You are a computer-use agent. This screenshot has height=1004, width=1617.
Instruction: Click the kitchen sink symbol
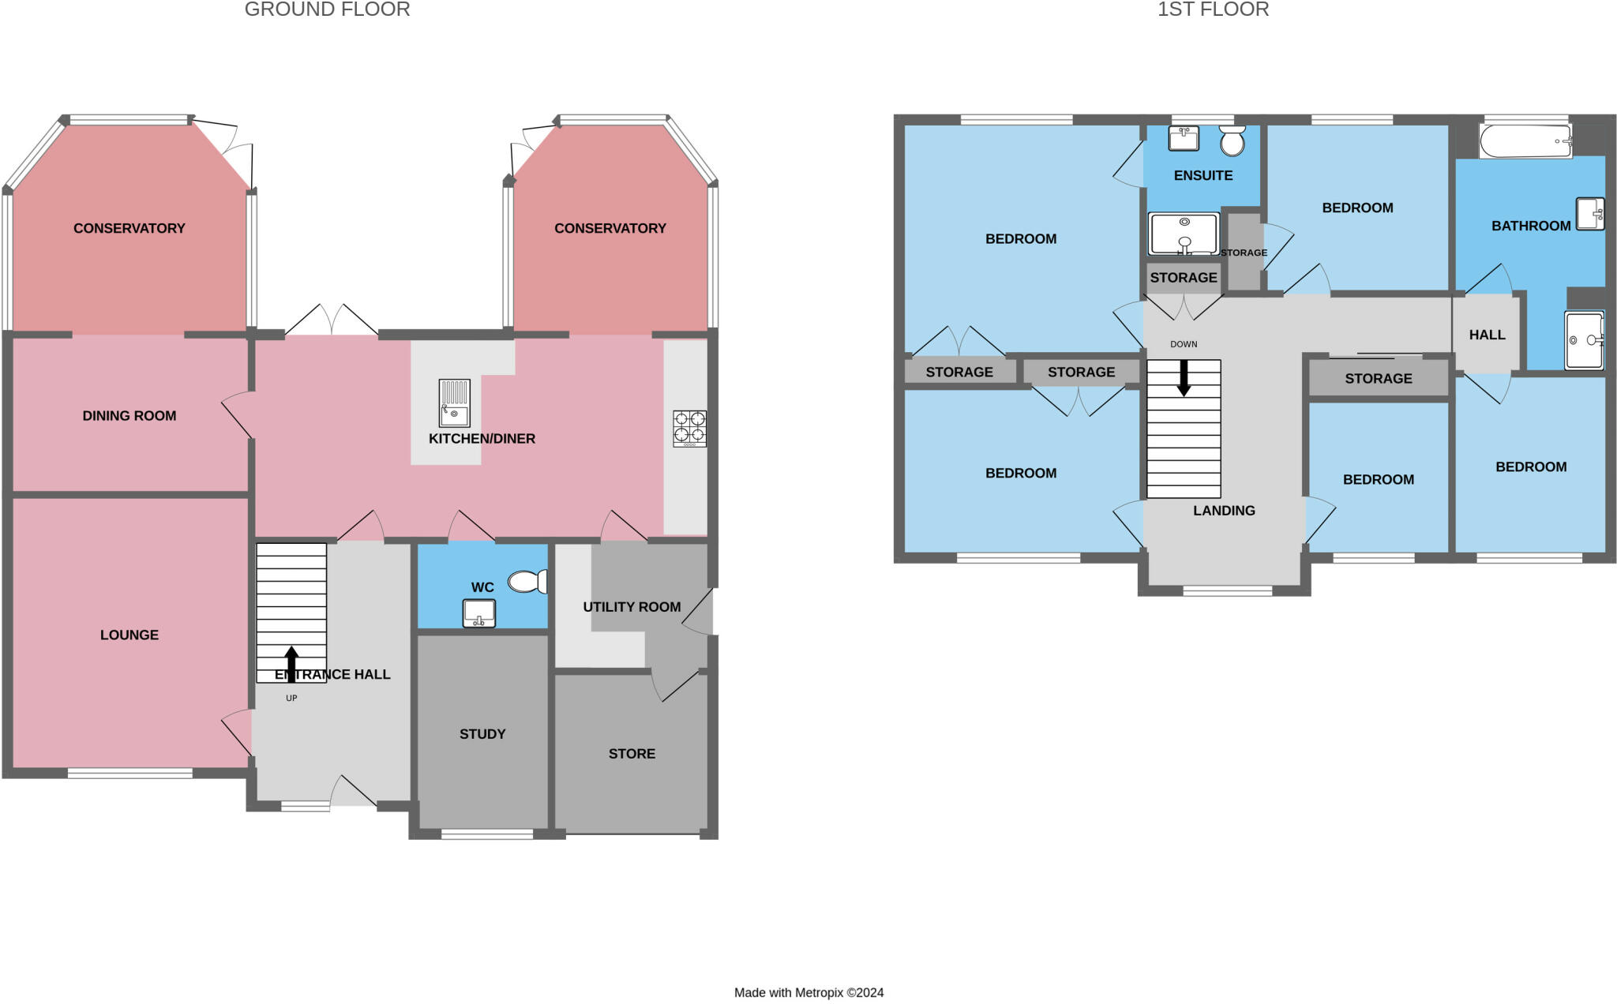tap(454, 403)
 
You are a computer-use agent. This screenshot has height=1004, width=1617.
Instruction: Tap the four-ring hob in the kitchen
tap(689, 429)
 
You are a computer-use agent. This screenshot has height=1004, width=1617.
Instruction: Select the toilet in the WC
tap(527, 582)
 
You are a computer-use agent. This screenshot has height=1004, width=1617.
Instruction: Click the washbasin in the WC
tap(479, 613)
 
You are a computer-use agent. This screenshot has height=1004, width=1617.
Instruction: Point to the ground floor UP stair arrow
tap(291, 664)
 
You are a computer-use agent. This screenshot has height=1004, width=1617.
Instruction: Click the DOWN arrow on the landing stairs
tap(1183, 378)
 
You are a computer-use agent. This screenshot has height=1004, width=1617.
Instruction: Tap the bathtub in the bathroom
tap(1525, 142)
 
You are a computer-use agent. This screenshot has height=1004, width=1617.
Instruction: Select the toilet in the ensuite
tap(1232, 140)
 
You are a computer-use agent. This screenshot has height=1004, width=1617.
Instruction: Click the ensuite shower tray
tap(1184, 234)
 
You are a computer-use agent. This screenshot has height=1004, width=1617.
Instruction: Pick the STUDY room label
tap(482, 734)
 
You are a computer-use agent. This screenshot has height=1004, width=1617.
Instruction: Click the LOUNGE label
tap(129, 635)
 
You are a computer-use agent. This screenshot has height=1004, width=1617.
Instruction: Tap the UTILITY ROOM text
tap(632, 607)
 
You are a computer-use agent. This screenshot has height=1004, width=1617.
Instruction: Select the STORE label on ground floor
tap(632, 754)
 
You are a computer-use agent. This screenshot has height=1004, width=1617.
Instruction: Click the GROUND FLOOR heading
tap(327, 9)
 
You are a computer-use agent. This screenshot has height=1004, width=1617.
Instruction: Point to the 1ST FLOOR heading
tap(1213, 9)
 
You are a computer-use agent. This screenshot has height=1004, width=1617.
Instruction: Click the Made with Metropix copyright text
tap(808, 993)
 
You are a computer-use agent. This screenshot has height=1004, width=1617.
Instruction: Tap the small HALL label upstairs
tap(1487, 335)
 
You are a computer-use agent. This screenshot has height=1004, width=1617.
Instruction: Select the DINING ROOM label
tap(129, 416)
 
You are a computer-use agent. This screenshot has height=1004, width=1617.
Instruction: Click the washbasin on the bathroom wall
tap(1590, 213)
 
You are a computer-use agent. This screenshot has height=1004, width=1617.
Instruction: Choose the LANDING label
tap(1224, 511)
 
